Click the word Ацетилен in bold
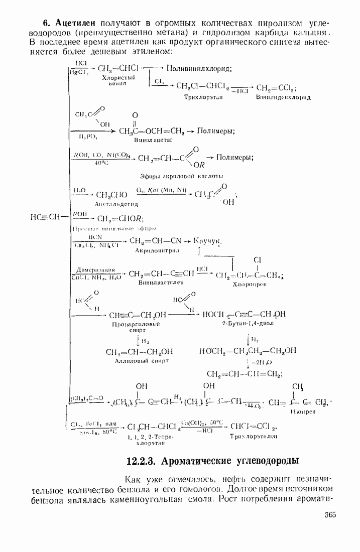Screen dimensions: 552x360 pyautogui.click(x=76, y=23)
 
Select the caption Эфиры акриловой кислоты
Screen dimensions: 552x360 pyautogui.click(x=181, y=176)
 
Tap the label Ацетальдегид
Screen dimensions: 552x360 pyautogui.click(x=116, y=204)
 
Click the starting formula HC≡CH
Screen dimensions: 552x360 pyautogui.click(x=46, y=217)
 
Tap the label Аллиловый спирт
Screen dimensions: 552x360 pyautogui.click(x=140, y=361)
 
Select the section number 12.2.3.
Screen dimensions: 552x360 pyautogui.click(x=144, y=461)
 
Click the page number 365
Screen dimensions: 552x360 pyautogui.click(x=329, y=515)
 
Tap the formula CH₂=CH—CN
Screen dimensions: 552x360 pyautogui.click(x=154, y=241)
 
